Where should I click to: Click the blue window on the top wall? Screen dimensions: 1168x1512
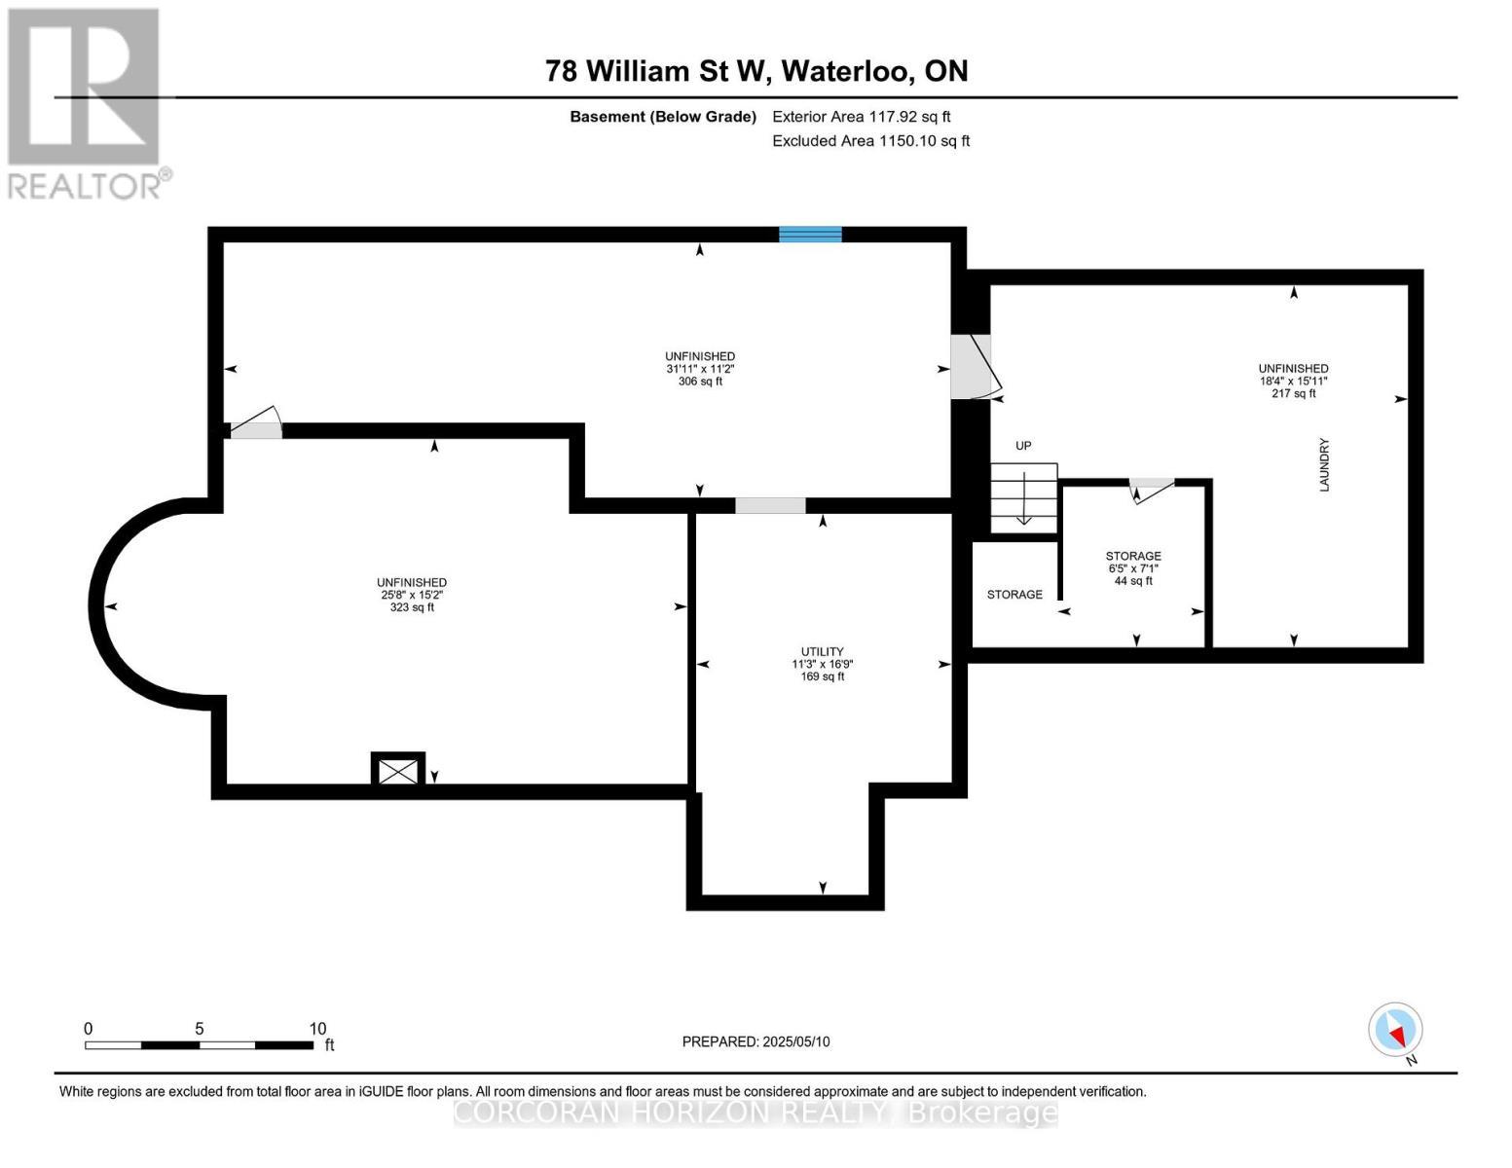[x=810, y=234]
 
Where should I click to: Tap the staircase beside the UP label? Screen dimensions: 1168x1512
[x=1023, y=497]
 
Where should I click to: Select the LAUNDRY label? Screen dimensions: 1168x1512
[x=1324, y=465]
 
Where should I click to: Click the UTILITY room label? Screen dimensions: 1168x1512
[x=822, y=651]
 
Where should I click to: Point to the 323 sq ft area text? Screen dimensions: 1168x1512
[x=412, y=607]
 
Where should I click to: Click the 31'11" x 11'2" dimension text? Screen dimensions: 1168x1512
[x=699, y=369]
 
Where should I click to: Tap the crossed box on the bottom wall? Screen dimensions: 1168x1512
[x=398, y=771]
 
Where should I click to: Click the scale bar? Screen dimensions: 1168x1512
[x=199, y=1044]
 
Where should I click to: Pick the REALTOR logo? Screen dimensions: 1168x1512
[x=86, y=102]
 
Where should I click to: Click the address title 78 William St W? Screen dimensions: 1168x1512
[x=756, y=71]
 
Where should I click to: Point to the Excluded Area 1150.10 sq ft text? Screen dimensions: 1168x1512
[x=870, y=141]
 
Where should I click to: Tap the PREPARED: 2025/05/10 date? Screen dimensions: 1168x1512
[x=756, y=1041]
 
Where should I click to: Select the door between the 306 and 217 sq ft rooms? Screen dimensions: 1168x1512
[x=973, y=367]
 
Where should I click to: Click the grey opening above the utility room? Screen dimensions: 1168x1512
[x=769, y=505]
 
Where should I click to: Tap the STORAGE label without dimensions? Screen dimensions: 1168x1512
[x=1014, y=594]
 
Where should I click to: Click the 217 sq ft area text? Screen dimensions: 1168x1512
[x=1293, y=393]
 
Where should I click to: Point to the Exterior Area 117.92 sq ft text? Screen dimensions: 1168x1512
[x=861, y=117]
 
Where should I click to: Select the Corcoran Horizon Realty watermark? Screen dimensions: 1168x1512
[x=756, y=1113]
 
